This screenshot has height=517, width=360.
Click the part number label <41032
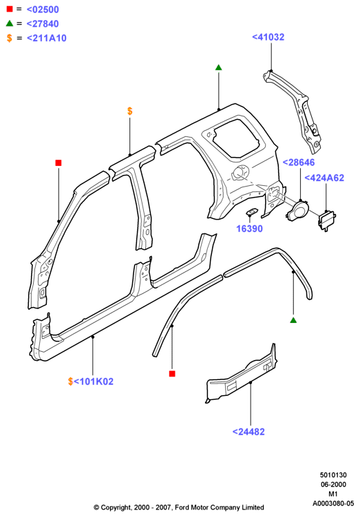(x=268, y=37)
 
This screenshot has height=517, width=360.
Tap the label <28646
(x=299, y=162)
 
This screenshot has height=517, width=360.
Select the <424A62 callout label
(x=324, y=178)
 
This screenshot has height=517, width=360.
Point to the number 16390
(x=250, y=229)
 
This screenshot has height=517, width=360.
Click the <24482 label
(x=248, y=432)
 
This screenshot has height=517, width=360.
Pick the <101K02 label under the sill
(x=94, y=381)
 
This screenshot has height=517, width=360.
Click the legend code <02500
(x=43, y=10)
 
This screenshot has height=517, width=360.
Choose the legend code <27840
(x=43, y=23)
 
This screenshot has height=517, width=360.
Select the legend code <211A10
(x=47, y=39)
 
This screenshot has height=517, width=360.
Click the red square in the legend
(x=10, y=9)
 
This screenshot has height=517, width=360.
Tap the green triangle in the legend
(x=10, y=23)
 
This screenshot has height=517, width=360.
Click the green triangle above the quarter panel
(x=219, y=67)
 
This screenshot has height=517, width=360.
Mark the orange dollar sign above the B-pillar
(x=130, y=111)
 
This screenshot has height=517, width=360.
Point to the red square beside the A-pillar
(x=59, y=163)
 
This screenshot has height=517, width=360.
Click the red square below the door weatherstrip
(x=172, y=374)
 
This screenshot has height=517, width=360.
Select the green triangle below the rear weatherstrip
(x=293, y=320)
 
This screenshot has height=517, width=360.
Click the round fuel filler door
(x=298, y=211)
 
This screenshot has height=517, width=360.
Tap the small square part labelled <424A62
(x=327, y=220)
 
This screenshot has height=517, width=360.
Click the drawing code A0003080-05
(x=333, y=503)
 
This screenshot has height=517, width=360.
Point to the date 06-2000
(x=333, y=485)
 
